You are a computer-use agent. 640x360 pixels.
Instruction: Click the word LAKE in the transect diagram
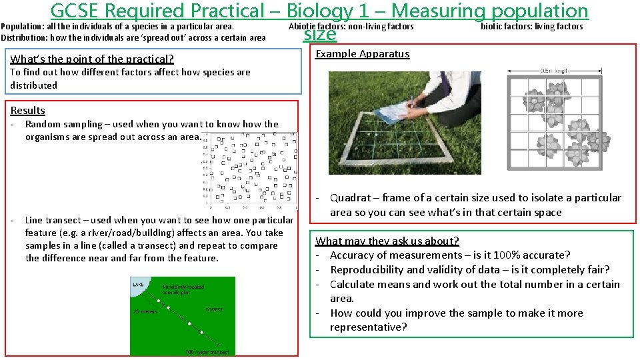tap(137, 284)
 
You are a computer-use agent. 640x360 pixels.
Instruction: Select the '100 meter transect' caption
tap(208, 351)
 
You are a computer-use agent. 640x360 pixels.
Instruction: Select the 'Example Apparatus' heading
tap(363, 54)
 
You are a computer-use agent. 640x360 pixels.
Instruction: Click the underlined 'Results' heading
tap(28, 111)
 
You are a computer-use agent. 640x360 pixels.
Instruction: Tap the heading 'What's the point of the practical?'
tap(92, 59)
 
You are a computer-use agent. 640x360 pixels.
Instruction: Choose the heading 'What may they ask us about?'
tap(387, 241)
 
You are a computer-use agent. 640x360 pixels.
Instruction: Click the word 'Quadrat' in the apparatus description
tap(351, 198)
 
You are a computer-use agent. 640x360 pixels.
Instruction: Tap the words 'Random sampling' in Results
tap(64, 124)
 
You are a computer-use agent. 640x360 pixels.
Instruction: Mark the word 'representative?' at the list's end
tap(368, 327)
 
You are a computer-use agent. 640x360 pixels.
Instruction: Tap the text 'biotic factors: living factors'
tap(531, 27)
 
